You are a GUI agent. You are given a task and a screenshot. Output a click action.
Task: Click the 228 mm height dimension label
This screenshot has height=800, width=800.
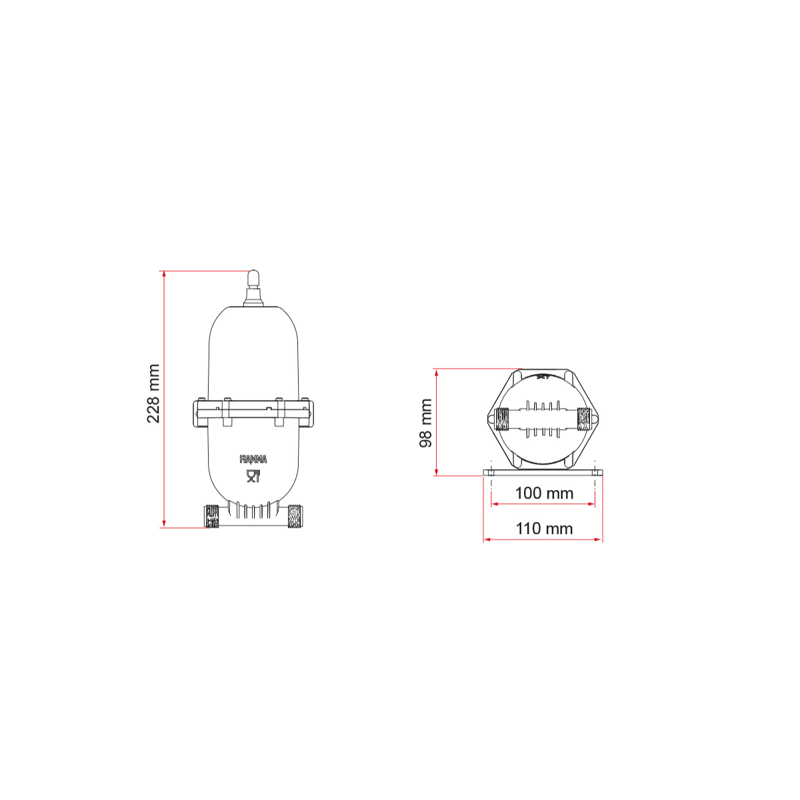(153, 393)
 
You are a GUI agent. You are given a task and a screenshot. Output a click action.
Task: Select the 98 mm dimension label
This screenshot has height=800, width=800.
(425, 423)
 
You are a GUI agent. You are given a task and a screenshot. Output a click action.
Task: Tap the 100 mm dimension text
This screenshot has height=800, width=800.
(544, 493)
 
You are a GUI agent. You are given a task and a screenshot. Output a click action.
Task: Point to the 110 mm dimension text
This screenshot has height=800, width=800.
(544, 529)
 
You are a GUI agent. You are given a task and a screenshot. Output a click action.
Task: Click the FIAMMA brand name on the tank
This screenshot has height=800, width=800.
(253, 459)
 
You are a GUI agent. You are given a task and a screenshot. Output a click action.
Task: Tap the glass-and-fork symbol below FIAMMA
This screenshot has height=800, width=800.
(253, 476)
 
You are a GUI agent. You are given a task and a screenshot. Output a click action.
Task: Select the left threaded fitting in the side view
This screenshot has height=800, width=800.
(211, 516)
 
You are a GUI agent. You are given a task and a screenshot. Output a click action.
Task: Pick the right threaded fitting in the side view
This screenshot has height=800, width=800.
(295, 516)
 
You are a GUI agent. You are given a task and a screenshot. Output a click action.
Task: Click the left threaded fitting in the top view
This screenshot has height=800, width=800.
(503, 419)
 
